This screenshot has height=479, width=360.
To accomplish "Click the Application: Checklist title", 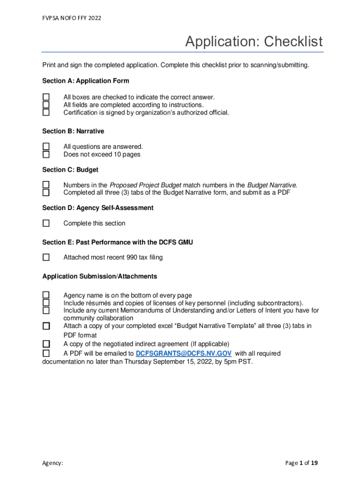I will (253, 42).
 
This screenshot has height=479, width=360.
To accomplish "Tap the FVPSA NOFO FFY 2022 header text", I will (72, 18).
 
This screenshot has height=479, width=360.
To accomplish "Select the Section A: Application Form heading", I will (86, 81).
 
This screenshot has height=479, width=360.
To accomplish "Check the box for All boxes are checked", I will (46, 97).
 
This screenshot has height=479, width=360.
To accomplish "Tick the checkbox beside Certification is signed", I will (46, 113).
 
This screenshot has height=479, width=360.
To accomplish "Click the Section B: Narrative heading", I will (73, 131).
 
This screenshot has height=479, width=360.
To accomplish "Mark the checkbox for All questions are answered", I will (46, 147).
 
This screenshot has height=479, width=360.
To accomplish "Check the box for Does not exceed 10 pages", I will (46, 154).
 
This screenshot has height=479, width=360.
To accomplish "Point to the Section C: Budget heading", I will (70, 170).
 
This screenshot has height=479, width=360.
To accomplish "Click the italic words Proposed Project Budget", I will (145, 185).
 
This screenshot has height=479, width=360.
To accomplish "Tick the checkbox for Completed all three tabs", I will (46, 192).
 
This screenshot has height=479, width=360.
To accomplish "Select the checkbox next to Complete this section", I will (46, 224).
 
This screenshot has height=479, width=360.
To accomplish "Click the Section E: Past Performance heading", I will (117, 242).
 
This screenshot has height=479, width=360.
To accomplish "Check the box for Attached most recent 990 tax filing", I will (46, 257).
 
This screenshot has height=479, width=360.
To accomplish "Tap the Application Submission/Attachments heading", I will (100, 276).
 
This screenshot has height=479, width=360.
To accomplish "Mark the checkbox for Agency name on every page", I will (46, 295).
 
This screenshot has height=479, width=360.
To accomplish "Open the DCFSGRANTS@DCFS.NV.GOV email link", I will (183, 354).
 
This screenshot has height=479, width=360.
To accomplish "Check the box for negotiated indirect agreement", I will (46, 344).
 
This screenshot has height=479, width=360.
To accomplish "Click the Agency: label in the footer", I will (52, 463).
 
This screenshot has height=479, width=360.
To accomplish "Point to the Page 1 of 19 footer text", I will (302, 463).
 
